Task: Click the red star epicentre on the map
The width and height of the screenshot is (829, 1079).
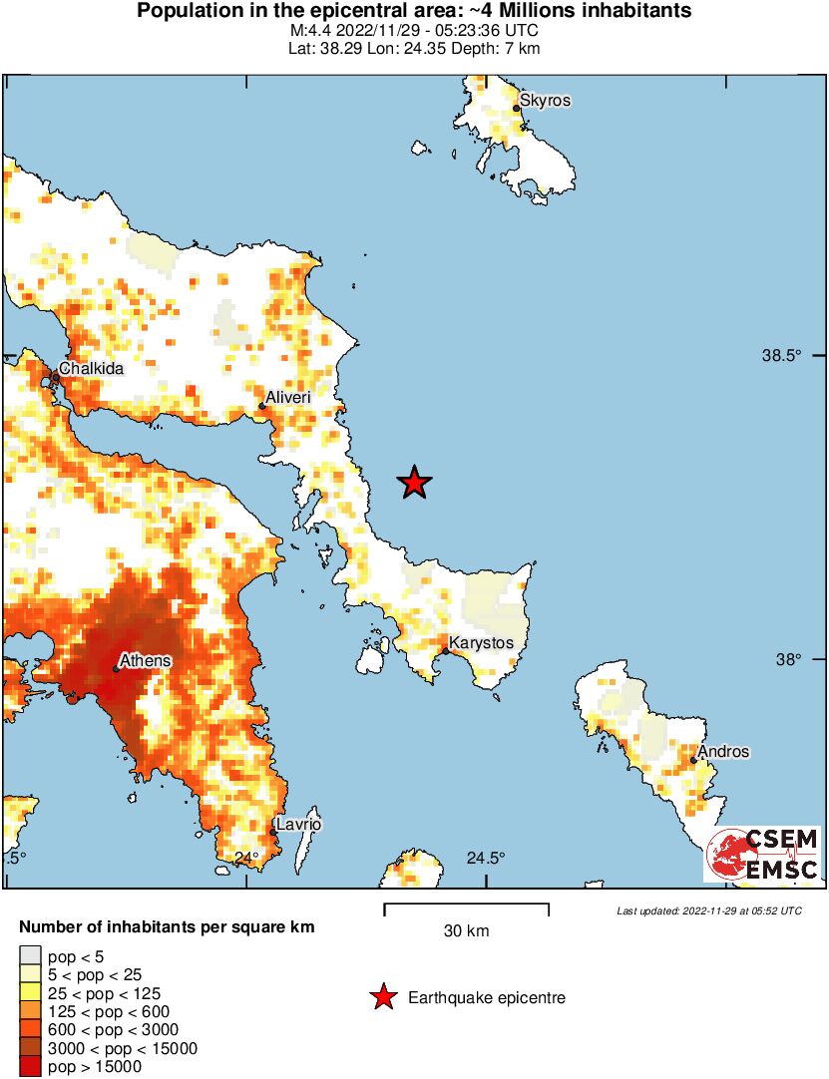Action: tap(414, 483)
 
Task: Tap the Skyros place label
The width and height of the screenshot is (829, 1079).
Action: tap(546, 101)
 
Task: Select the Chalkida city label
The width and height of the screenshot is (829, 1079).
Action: tap(91, 369)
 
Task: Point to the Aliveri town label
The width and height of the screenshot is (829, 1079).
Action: tap(288, 397)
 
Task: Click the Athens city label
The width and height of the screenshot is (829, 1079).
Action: tap(145, 660)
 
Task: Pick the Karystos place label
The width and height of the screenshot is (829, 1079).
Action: tap(481, 643)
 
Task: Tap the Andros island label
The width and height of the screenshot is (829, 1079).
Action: tap(723, 752)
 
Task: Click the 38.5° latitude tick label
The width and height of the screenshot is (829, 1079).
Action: tap(783, 356)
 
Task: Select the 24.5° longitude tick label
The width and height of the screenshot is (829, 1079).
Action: tap(486, 858)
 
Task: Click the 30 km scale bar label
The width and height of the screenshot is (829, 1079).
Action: tap(466, 931)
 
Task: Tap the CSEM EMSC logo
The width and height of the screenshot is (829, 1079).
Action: tap(763, 856)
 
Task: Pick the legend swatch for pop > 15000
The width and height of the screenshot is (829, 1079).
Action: tap(30, 1067)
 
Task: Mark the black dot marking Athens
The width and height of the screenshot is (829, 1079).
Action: tap(116, 668)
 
